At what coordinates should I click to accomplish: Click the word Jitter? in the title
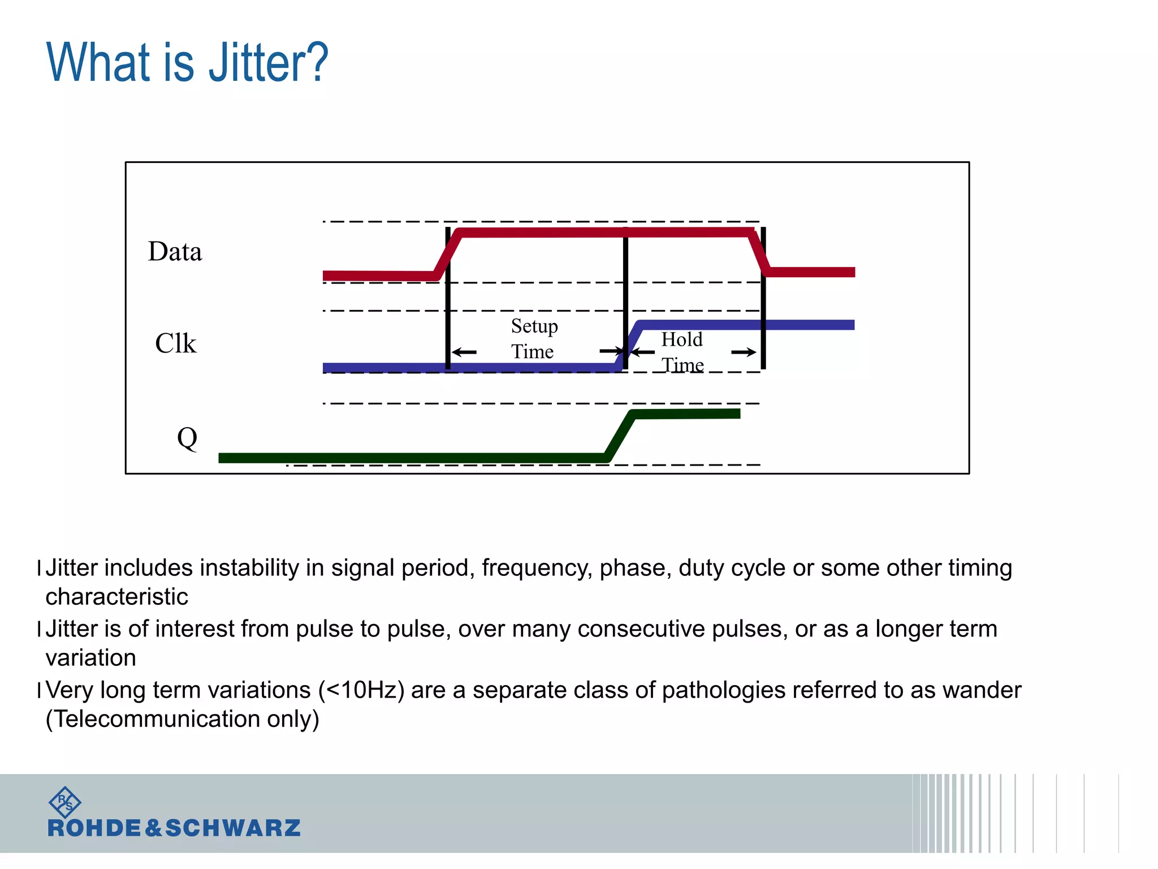click(x=268, y=62)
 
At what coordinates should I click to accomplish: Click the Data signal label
click(x=175, y=251)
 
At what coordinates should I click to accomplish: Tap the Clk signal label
click(x=175, y=343)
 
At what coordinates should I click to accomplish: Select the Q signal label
click(x=187, y=438)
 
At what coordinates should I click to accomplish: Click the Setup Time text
click(x=533, y=338)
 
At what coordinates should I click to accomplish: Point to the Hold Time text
click(x=682, y=352)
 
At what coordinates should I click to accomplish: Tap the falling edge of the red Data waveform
click(x=759, y=252)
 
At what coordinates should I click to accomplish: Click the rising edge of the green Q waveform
click(x=620, y=435)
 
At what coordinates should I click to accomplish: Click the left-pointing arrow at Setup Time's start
click(x=464, y=352)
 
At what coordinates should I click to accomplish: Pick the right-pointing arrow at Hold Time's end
click(x=744, y=352)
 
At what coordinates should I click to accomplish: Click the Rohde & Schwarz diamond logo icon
click(x=65, y=802)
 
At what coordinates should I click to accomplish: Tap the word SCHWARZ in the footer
click(x=232, y=828)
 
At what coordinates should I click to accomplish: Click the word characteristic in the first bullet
click(x=116, y=597)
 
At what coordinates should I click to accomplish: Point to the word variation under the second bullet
click(x=90, y=658)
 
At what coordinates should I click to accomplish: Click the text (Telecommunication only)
click(x=182, y=719)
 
